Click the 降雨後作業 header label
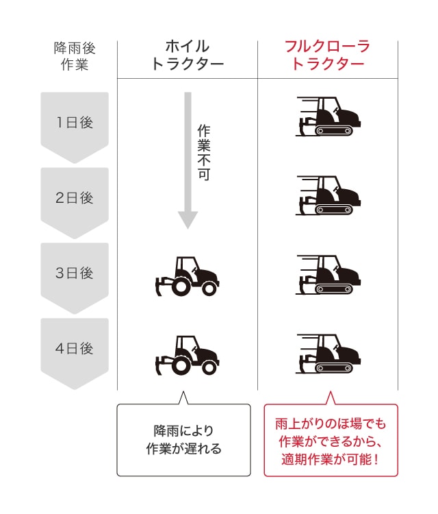tap(75, 56)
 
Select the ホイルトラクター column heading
tap(188, 55)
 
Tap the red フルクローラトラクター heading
tap(328, 55)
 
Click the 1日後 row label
tap(75, 123)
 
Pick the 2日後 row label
tap(75, 197)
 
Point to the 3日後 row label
tap(75, 273)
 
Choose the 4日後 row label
tap(75, 348)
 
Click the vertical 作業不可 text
tap(204, 152)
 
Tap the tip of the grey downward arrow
tap(188, 229)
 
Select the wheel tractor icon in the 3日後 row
tap(188, 276)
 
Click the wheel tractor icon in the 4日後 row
tap(188, 355)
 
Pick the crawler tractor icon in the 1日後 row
tap(328, 117)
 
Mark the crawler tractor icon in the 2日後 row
tap(328, 195)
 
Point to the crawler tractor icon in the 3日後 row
tap(328, 275)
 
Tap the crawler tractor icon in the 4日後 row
tap(328, 354)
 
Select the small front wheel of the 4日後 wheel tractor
tap(209, 368)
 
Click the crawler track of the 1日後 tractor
tap(334, 131)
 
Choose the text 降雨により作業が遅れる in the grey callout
tap(183, 439)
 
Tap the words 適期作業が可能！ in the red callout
tap(331, 459)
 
